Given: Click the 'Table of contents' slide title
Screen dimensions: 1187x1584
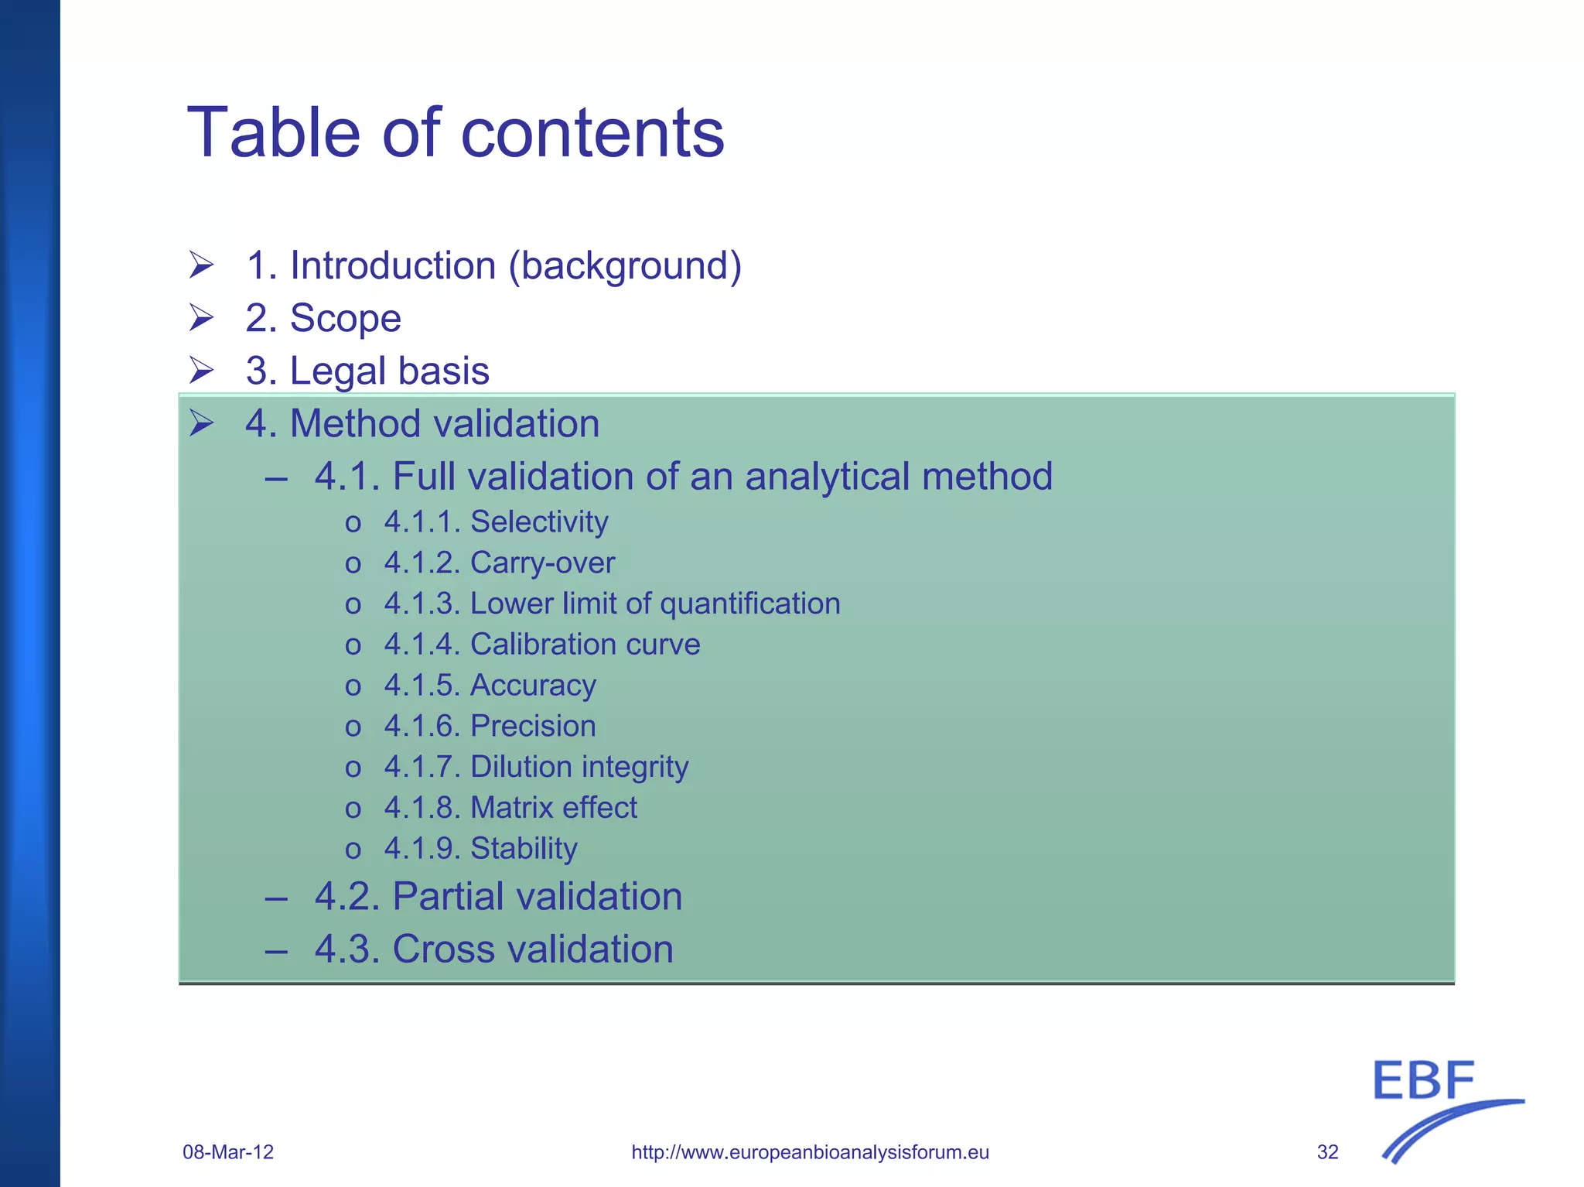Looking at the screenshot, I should [x=456, y=133].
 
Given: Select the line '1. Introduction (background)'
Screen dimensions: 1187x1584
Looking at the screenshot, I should [x=493, y=266].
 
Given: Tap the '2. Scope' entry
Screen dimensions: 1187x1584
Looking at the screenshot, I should [x=323, y=319].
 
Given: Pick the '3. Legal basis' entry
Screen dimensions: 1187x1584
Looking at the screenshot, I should [x=367, y=371].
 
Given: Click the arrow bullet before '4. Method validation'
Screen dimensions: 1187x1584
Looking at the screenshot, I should [x=201, y=423].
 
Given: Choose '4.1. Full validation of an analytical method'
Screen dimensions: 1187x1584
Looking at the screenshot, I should [x=683, y=477].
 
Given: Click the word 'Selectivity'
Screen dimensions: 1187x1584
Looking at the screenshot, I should [x=539, y=522].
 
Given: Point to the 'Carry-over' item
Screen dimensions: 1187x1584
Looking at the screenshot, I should [x=542, y=563].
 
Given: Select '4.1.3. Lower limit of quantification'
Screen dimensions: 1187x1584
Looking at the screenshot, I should [x=612, y=604].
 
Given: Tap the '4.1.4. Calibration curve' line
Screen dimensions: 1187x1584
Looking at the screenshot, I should [x=542, y=645].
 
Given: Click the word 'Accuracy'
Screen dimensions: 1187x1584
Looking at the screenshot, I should [x=533, y=686].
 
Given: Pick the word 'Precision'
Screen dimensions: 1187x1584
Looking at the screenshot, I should [x=533, y=727].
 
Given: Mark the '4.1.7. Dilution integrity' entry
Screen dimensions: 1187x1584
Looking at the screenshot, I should [x=536, y=768].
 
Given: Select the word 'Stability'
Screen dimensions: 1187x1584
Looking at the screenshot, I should [x=524, y=849].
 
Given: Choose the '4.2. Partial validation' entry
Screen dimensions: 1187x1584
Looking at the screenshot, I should [x=498, y=897].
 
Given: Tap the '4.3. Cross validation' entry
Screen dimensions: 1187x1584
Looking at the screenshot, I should [x=493, y=949].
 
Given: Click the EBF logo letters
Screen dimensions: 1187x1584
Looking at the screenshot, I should [x=1424, y=1081].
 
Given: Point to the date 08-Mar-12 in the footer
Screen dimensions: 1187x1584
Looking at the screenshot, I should [x=228, y=1152].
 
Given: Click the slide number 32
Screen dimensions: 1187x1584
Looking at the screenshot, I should [x=1327, y=1152].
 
